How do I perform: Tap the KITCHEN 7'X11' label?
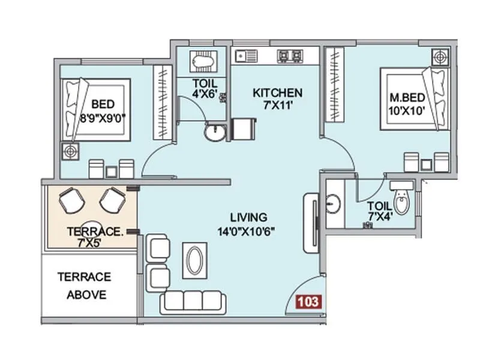277,99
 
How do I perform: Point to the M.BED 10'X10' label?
408,103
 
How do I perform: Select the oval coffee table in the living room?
195,262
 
